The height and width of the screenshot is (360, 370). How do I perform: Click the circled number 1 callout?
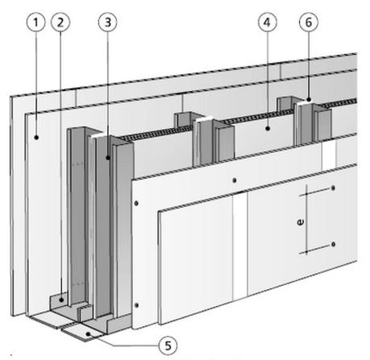(x=35, y=23)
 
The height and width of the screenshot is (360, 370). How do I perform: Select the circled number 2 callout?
(x=60, y=23)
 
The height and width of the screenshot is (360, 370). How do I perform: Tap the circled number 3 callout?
(x=108, y=23)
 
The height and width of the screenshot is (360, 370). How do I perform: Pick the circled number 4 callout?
(x=268, y=23)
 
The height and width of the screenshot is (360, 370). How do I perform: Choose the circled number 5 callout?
(x=168, y=346)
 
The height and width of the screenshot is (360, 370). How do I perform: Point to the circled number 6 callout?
(x=309, y=23)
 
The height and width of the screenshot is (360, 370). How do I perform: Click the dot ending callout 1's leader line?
(x=36, y=138)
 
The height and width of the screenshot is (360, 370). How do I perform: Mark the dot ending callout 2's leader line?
(x=61, y=300)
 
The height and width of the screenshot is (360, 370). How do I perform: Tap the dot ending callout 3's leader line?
(x=108, y=158)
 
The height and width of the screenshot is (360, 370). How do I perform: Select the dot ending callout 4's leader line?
(x=268, y=129)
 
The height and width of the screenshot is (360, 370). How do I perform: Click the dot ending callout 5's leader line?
(x=88, y=334)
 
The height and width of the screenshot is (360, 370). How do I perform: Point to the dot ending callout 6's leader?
(x=309, y=100)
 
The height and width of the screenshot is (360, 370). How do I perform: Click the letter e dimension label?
(x=301, y=222)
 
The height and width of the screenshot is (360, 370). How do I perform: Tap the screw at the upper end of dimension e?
(x=333, y=188)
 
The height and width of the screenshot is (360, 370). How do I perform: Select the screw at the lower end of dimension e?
(x=333, y=244)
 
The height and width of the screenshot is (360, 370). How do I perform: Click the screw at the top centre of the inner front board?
(x=235, y=180)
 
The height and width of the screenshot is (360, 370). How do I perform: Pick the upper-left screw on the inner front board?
(x=136, y=203)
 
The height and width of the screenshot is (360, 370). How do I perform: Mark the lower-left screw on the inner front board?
(x=136, y=305)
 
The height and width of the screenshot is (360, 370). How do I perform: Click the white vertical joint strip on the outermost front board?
(x=239, y=246)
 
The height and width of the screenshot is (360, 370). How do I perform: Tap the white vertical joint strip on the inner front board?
(x=329, y=155)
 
